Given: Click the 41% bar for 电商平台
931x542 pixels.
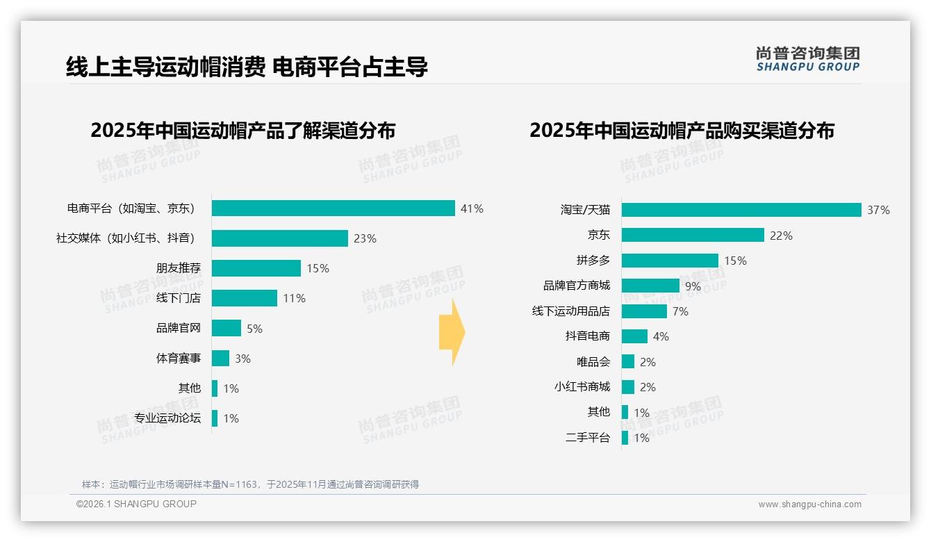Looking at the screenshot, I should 333,208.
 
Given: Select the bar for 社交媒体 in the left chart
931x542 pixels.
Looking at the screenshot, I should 279,238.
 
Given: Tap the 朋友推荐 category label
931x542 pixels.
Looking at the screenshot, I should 178,268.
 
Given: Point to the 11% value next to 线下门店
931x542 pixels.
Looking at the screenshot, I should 294,299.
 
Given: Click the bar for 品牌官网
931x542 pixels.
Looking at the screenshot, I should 226,328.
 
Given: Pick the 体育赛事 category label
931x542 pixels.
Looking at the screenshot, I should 178,359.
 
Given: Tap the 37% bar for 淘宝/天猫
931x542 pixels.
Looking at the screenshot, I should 741,210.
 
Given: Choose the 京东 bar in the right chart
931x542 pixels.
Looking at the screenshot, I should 693,236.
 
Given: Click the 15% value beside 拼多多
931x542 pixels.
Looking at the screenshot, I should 735,261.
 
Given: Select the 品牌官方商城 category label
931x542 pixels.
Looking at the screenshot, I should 576,286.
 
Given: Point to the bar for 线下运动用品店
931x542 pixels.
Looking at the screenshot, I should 644,311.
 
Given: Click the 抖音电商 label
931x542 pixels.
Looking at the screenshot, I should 587,336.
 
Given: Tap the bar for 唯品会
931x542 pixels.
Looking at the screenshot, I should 628,361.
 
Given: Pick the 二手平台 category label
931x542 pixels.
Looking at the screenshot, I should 587,438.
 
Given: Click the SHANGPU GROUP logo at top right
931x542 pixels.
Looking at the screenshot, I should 807,58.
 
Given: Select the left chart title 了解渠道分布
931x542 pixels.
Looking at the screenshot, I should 242,131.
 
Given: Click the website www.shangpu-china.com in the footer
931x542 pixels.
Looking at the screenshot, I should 809,504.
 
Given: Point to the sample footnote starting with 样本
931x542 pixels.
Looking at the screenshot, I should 250,484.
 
